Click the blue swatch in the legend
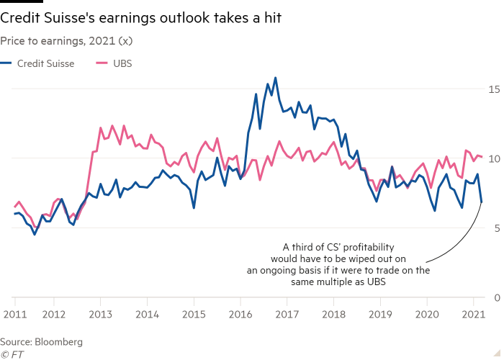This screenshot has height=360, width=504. tap(6, 63)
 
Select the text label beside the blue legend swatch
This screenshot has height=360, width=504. tap(45, 63)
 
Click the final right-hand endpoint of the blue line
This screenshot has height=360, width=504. tap(480, 204)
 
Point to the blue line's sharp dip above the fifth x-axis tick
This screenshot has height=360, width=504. tap(194, 210)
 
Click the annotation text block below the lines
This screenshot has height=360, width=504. tap(338, 264)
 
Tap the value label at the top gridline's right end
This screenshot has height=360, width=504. tap(495, 89)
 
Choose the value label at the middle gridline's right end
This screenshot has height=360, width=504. tap(495, 158)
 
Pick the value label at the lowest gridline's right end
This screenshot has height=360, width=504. tap(495, 228)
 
